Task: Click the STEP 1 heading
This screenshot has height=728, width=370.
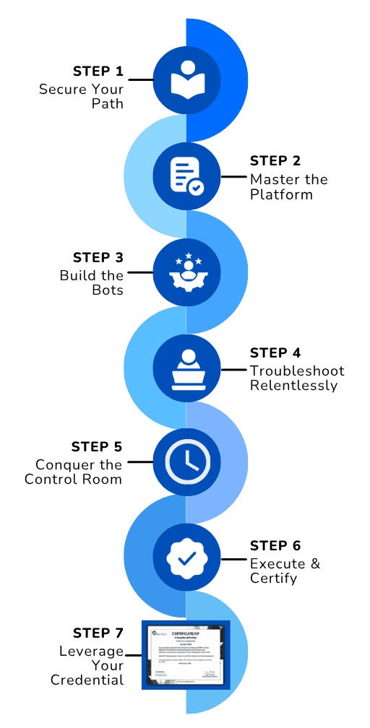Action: coord(98,71)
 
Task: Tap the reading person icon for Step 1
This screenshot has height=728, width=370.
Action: coord(186,79)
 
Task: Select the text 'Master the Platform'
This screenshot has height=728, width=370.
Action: coord(288,186)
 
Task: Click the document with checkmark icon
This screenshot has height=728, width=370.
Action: coord(186,175)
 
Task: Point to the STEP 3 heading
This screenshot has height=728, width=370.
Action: coord(98,258)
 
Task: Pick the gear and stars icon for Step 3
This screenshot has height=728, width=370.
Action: coord(186,272)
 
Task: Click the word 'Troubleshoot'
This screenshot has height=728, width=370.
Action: coord(297,371)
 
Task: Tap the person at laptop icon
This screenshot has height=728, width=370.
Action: coord(186,369)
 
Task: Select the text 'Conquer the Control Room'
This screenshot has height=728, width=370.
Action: coord(74,472)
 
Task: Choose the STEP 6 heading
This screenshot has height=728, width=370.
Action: coord(275,546)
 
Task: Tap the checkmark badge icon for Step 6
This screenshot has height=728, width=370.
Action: coord(186,558)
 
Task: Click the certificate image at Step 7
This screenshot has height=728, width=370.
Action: coord(186,654)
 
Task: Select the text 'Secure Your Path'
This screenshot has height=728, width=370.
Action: coord(81,96)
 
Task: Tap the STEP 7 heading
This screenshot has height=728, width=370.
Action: coord(98,633)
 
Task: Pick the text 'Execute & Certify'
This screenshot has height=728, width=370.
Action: coord(285,571)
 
